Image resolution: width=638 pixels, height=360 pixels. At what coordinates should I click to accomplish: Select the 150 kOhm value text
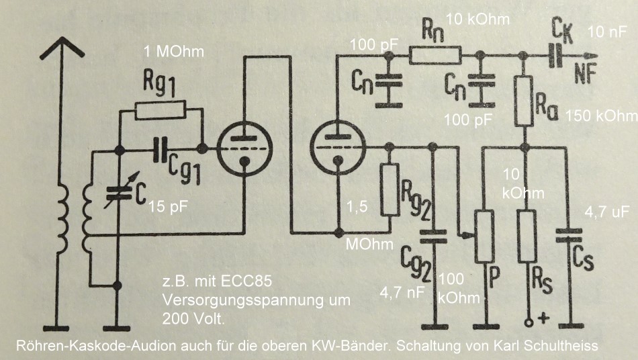601,116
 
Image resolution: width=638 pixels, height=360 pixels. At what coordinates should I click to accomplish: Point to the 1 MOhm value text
173,52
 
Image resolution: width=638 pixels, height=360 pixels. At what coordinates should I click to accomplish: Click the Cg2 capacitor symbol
433,236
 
